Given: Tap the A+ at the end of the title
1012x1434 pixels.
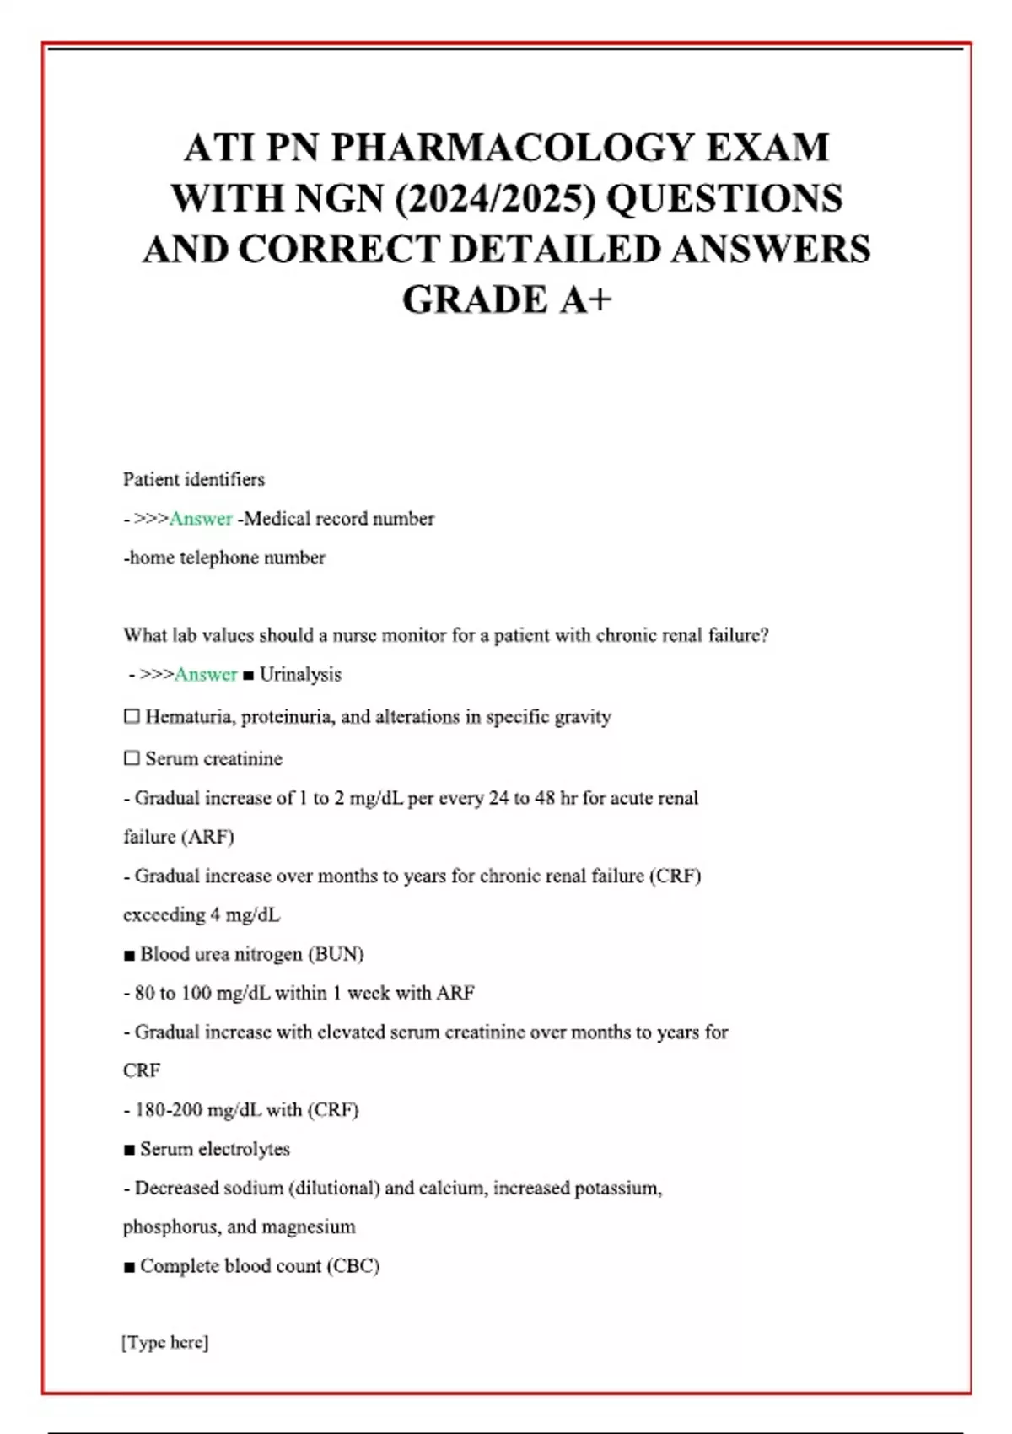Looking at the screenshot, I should [584, 299].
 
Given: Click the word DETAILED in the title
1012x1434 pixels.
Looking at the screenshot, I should [556, 249].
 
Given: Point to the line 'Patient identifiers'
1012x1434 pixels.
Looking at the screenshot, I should [194, 479].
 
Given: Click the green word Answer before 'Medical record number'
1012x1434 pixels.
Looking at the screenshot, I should [201, 519].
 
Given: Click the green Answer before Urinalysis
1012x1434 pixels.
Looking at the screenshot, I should [206, 675].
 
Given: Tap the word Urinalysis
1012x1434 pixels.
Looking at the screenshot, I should [300, 675].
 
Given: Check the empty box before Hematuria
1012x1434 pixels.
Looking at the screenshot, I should [132, 717].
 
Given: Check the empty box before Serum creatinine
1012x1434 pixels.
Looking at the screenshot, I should [132, 758].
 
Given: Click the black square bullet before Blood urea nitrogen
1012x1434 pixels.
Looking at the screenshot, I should [129, 955].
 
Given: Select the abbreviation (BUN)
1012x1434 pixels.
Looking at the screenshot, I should [336, 954].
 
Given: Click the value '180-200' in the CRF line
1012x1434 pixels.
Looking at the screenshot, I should [165, 1110].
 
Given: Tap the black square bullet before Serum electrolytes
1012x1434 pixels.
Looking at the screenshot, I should [129, 1150].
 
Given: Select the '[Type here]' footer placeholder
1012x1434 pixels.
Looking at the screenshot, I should [165, 1342].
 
